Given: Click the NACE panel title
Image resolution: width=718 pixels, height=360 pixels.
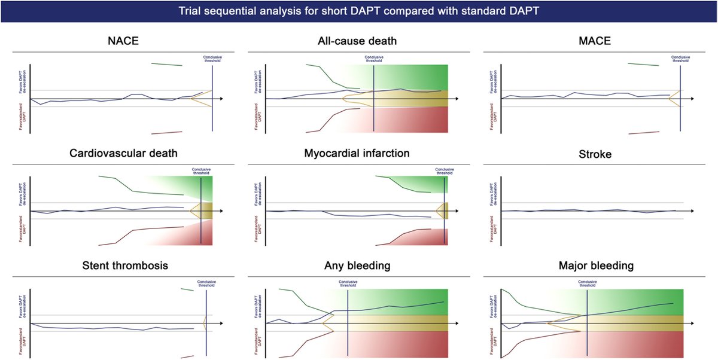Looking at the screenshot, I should point(123,41).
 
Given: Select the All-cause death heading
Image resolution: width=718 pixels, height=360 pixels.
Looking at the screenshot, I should point(358,41).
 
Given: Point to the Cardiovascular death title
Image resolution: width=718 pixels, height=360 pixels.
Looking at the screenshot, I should point(123,153).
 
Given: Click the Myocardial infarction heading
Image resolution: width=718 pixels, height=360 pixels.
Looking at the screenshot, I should point(358,153).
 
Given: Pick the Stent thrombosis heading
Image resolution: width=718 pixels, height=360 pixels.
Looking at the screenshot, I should point(123,265).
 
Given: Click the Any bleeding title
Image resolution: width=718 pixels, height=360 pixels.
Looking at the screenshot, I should point(358,265).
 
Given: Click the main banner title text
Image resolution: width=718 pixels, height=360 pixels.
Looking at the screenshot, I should point(359,12).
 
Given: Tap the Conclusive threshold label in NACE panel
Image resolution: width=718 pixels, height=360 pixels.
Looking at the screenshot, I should point(212,59).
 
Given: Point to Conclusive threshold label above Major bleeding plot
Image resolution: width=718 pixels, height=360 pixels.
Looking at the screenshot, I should point(587,284).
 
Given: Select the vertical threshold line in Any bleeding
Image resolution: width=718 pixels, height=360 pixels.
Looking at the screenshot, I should point(348,317).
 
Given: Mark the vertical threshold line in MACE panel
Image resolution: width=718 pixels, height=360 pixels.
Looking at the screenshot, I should point(680,96).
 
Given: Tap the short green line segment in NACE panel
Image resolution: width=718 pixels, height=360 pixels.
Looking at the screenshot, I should point(167,64).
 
